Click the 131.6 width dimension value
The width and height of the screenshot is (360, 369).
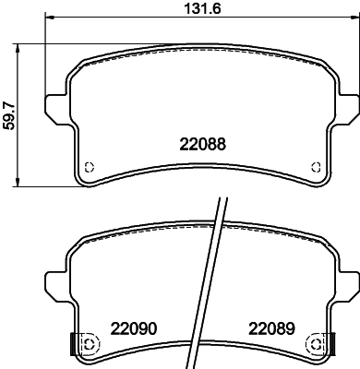click(x=202, y=8)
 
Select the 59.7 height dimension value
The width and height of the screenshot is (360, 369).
click(x=8, y=115)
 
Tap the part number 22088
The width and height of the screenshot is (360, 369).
click(x=202, y=144)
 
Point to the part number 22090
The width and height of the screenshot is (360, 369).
click(x=134, y=328)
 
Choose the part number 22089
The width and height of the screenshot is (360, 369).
click(x=271, y=328)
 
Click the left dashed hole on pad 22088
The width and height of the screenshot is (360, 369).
click(x=90, y=167)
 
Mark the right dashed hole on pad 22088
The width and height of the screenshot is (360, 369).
click(x=316, y=167)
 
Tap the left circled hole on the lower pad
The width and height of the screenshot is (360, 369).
click(x=90, y=343)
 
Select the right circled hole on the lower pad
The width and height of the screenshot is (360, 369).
click(x=316, y=343)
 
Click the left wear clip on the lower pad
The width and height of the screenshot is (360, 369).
click(x=73, y=343)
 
